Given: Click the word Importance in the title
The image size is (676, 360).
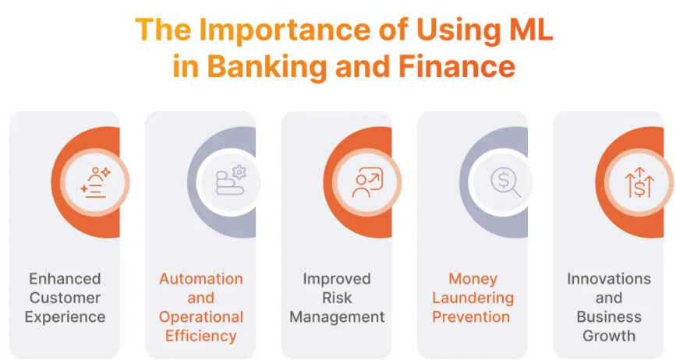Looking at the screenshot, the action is pyautogui.click(x=284, y=30).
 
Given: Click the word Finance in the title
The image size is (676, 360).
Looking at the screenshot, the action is pyautogui.click(x=457, y=66).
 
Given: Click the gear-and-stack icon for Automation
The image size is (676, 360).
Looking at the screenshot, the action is pyautogui.click(x=231, y=181).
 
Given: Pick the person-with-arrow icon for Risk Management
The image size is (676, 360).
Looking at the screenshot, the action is pyautogui.click(x=367, y=182).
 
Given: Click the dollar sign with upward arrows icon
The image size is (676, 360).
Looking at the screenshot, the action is pyautogui.click(x=639, y=182).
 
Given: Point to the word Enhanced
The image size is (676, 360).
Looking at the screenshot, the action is pyautogui.click(x=65, y=279).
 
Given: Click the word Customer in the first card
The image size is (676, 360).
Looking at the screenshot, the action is pyautogui.click(x=65, y=298).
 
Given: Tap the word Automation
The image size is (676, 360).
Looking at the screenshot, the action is pyautogui.click(x=201, y=279).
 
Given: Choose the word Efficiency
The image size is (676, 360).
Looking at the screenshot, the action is pyautogui.click(x=201, y=336).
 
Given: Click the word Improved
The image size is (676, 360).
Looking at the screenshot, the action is pyautogui.click(x=337, y=279).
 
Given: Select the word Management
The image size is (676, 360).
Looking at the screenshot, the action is pyautogui.click(x=337, y=317).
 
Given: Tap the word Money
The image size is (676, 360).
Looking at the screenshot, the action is pyautogui.click(x=473, y=279).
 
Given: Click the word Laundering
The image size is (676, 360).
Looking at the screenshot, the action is pyautogui.click(x=473, y=298).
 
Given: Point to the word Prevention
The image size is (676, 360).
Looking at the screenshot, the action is pyautogui.click(x=471, y=317).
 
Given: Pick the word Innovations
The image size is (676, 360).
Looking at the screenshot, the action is pyautogui.click(x=609, y=279).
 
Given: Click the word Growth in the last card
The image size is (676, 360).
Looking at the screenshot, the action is pyautogui.click(x=609, y=336).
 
